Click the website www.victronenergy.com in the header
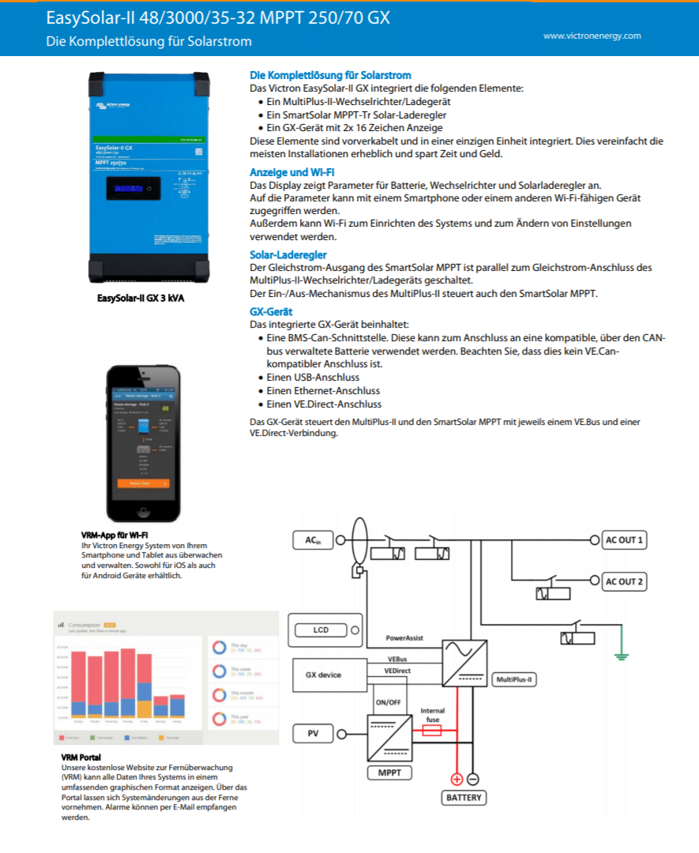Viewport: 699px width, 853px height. coord(592,36)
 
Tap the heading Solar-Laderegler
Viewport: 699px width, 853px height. coord(288,254)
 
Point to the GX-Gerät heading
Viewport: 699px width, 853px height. coord(271,312)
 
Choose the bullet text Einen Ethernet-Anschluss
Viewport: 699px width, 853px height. coord(323,390)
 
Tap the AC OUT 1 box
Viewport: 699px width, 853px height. coord(624,541)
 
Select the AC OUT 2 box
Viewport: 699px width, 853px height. coord(624,582)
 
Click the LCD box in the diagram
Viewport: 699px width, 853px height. coord(321,630)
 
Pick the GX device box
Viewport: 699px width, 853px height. coord(323,675)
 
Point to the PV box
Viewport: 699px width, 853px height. coord(313,734)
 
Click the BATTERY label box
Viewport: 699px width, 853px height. coord(463,797)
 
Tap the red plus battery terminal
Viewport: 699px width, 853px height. coord(456,779)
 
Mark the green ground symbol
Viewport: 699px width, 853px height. coord(621,654)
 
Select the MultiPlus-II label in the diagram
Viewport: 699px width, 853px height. coord(514,678)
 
